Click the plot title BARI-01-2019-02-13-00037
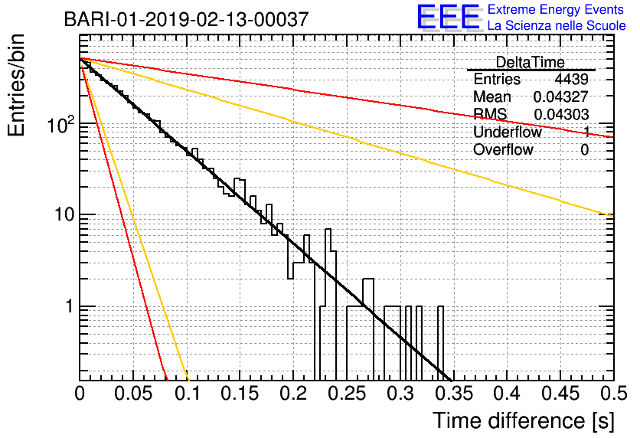click(186, 19)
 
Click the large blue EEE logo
click(448, 18)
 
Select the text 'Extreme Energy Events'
click(556, 9)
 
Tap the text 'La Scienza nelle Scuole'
click(557, 25)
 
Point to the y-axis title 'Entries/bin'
click(16, 86)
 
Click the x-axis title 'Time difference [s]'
click(524, 420)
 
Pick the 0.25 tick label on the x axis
click(348, 394)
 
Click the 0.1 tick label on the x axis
click(188, 394)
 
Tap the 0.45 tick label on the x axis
click(560, 394)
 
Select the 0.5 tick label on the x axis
click(613, 394)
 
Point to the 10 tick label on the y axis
click(64, 214)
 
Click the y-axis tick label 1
click(70, 306)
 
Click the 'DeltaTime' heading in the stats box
click(530, 62)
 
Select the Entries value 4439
click(571, 79)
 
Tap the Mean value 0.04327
click(561, 96)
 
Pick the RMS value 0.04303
click(561, 115)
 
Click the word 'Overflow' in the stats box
click(503, 150)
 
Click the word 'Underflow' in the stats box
click(508, 132)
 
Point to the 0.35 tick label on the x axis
click(454, 394)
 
